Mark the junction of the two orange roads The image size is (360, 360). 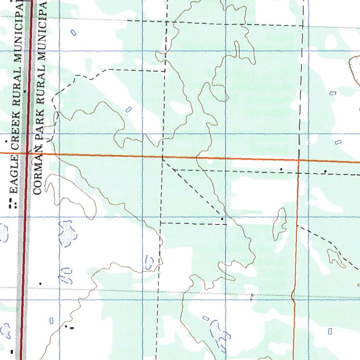click(298, 161)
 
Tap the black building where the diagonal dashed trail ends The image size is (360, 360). click(222, 219)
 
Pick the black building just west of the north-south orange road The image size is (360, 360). click(281, 169)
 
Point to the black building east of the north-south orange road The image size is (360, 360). click(325, 171)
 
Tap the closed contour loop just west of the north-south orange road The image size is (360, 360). click(280, 223)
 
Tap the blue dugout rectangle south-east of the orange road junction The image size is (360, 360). click(330, 331)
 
